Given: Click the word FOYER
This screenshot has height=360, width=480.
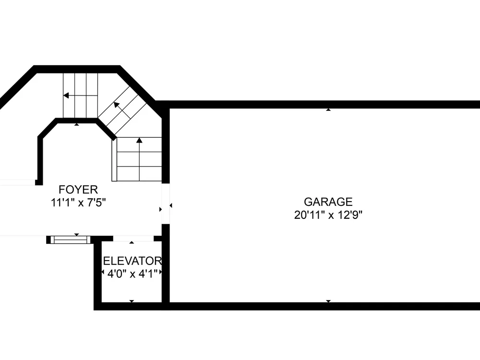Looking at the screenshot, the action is point(78,190).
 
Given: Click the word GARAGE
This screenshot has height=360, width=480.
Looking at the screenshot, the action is point(328,202).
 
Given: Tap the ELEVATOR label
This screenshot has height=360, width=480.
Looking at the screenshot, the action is point(132,261).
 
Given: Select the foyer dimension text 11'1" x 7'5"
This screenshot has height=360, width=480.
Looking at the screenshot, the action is point(78,203).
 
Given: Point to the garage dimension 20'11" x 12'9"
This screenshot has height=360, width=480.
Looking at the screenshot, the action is point(328,215).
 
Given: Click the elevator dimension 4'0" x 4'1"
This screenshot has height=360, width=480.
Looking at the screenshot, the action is point(132,274).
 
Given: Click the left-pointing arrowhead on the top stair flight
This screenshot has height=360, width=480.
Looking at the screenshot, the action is point(66,96).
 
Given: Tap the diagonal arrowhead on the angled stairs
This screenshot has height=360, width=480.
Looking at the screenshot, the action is point(116,105).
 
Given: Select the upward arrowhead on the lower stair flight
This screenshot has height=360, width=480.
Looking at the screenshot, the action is point(139,140).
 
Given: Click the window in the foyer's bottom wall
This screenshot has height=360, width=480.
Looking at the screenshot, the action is point(71,240).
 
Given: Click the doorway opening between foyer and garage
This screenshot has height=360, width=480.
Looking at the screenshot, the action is point(166,204).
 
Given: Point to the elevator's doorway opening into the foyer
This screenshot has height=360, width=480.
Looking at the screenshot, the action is point(133,239).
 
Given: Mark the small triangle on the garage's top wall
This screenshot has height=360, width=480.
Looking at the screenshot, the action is point(328,109).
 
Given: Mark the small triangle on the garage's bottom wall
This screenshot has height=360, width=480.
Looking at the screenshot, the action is point(328,301).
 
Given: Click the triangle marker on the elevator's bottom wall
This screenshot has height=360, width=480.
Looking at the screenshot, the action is point(132,301).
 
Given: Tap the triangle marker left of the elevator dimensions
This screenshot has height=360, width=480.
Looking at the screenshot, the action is point(103,272).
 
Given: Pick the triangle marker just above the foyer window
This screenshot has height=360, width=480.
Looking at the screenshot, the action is point(76,235).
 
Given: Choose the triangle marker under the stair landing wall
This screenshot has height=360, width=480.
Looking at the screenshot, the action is point(76,124).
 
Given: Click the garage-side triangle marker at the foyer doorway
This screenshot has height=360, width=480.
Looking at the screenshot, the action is point(171,205).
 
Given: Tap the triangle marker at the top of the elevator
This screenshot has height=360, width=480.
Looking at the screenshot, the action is point(132,242).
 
